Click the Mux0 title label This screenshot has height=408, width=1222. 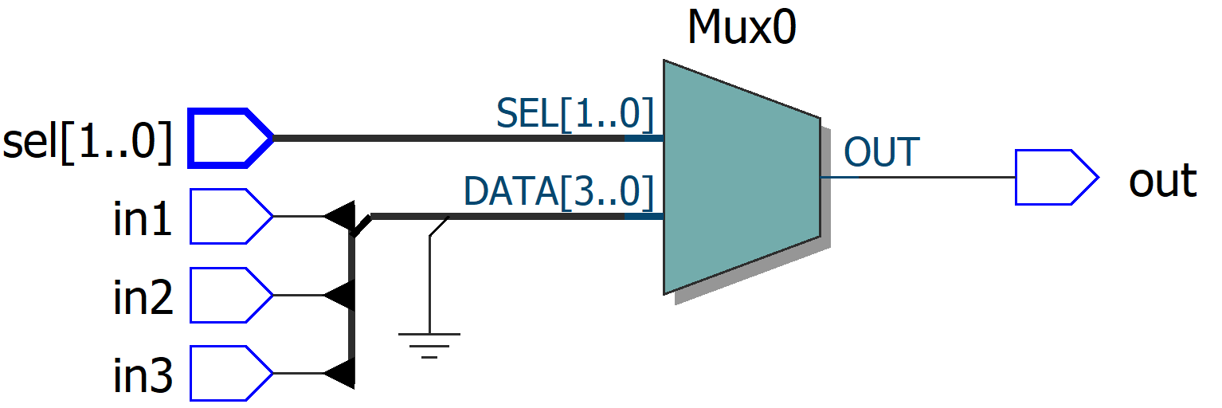pos(741,29)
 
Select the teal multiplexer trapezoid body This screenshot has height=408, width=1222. pos(741,177)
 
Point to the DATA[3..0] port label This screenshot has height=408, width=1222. pos(558,193)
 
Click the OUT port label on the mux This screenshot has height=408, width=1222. pos(881,152)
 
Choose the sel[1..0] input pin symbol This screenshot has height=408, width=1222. pos(229,138)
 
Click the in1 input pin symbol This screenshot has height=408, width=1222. pos(229,216)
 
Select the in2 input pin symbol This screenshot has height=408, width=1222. pos(229,295)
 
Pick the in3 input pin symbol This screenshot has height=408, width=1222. pos(229,373)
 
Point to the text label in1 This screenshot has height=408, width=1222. pos(143,220)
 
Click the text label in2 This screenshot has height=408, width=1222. pos(143,298)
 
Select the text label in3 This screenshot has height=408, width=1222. pos(143,377)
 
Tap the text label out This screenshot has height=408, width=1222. pos(1162,181)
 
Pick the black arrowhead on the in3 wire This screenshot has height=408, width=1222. pos(340,373)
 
